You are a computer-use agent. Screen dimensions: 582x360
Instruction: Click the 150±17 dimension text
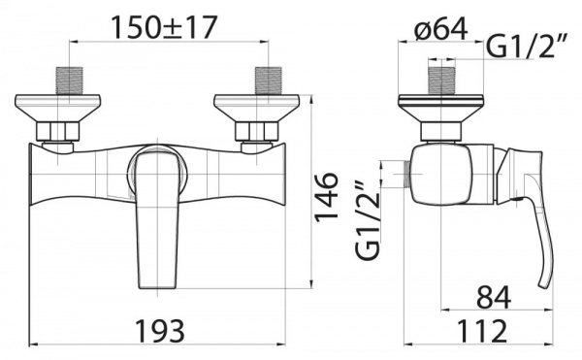tap(163, 28)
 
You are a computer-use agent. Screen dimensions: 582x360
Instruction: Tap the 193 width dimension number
tap(160, 331)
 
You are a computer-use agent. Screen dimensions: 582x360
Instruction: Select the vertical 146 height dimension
tap(327, 196)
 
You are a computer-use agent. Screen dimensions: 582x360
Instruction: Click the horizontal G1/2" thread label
tap(527, 47)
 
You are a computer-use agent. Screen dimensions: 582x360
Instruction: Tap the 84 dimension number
tap(494, 297)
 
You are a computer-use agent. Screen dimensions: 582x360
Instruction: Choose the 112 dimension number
tap(481, 332)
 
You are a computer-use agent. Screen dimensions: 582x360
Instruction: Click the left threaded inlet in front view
tap(70, 81)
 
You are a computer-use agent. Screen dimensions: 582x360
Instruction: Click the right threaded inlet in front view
tap(268, 81)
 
